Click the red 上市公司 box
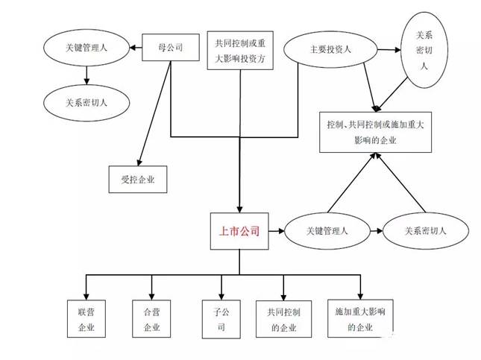239,231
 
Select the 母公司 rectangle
171,47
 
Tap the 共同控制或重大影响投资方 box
240,50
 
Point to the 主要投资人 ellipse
330,49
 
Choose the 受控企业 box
138,180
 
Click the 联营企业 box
87,318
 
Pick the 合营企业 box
151,318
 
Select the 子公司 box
221,319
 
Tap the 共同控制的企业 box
284,319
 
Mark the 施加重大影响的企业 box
360,318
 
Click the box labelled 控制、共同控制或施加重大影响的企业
375,132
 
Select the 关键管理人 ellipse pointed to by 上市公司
327,231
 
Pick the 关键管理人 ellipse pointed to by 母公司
87,48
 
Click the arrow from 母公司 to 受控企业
154,113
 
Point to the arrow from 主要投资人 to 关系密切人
389,49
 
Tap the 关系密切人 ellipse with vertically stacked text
424,50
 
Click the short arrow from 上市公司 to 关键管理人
277,231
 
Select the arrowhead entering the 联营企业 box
87,296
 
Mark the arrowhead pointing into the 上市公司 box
239,209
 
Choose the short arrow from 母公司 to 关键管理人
136,48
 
